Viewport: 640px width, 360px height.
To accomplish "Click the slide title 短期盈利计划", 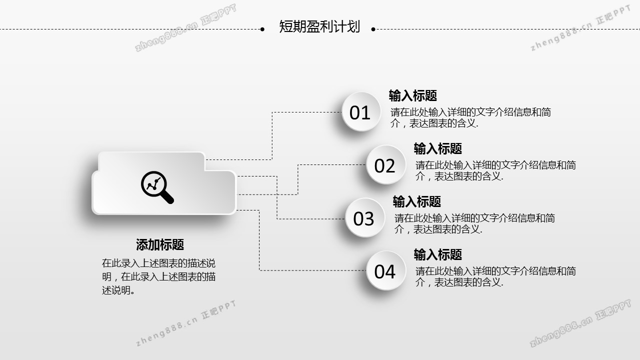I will (x=319, y=26).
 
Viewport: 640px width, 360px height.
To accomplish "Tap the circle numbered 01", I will (x=360, y=112).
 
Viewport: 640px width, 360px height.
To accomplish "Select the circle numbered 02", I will (x=385, y=165).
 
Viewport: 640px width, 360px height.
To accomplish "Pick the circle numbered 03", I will (x=364, y=218).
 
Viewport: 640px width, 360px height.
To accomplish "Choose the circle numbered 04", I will (x=385, y=271).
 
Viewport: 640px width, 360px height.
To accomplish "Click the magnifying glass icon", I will (x=157, y=187).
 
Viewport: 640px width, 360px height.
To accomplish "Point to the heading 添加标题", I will (x=160, y=244).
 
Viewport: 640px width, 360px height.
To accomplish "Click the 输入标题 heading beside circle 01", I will (x=413, y=95).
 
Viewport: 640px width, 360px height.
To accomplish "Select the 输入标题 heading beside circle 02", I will (x=438, y=148).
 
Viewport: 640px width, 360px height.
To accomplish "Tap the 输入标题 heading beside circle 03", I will (x=417, y=201).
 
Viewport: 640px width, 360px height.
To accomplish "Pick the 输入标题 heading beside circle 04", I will (x=438, y=254).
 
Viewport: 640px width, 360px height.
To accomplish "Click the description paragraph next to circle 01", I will (x=470, y=118).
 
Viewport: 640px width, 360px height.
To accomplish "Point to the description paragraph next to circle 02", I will (x=495, y=170).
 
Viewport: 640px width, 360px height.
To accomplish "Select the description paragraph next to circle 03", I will (x=474, y=223).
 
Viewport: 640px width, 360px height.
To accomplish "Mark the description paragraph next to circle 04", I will (x=495, y=276).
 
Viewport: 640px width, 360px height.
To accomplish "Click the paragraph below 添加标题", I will (x=158, y=276).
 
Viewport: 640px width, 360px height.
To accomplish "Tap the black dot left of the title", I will (x=262, y=29).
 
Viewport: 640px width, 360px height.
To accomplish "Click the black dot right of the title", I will (x=373, y=29).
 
